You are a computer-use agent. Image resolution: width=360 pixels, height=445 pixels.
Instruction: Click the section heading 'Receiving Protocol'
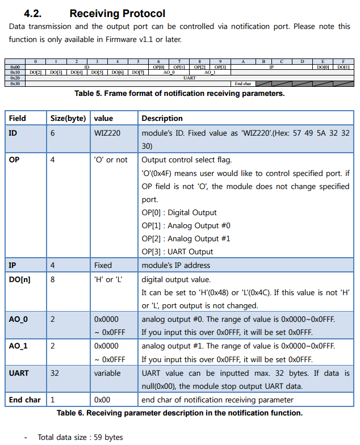[117, 13]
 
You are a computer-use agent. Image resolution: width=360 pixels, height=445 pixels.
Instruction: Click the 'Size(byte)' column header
[68, 118]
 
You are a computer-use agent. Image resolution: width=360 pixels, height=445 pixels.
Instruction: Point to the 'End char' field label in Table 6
[24, 400]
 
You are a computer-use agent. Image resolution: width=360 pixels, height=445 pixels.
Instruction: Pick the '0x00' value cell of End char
[103, 400]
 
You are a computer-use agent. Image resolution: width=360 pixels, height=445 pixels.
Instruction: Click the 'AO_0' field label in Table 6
[18, 319]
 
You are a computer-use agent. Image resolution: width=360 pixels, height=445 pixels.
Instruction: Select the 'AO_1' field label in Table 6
[18, 346]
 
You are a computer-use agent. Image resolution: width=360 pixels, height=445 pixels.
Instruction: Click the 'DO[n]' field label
[20, 279]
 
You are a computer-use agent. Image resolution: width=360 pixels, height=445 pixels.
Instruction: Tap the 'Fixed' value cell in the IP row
[103, 265]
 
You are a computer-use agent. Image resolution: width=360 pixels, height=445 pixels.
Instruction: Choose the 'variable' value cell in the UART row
[107, 373]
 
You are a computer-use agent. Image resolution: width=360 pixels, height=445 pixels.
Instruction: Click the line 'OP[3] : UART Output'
[177, 251]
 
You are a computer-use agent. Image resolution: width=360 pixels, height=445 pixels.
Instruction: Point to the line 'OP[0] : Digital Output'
[179, 212]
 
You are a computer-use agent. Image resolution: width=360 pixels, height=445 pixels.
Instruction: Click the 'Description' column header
[162, 118]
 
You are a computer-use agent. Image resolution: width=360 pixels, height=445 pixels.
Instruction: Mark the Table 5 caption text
[179, 94]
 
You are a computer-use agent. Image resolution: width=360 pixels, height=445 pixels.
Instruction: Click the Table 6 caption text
[179, 413]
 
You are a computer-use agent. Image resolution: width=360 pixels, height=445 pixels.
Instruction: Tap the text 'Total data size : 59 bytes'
[80, 437]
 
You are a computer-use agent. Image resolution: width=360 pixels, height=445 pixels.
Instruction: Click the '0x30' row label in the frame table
[15, 83]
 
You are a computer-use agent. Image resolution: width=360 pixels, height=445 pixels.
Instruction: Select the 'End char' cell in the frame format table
[242, 83]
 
